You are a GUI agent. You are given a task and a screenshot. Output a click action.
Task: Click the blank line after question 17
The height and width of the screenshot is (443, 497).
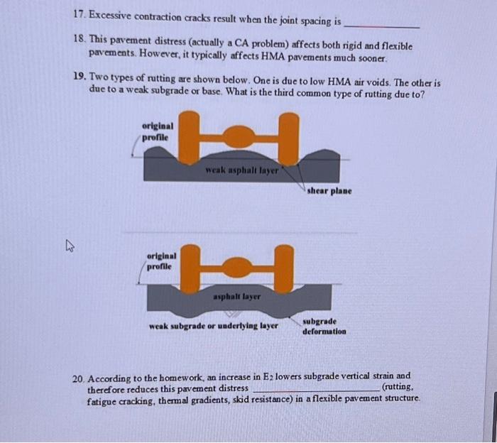pos(381,26)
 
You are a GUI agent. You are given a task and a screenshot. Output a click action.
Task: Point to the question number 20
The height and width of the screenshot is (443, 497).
pos(79,376)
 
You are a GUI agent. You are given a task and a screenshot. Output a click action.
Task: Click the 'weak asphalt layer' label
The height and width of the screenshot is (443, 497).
pos(241,170)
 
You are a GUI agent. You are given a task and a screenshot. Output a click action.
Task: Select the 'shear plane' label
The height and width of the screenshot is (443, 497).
pos(329,191)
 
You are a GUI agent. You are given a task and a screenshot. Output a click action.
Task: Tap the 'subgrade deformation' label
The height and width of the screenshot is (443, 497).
pos(324,327)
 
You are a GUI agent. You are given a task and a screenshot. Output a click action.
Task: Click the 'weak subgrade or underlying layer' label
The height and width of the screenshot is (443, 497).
pos(213,327)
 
